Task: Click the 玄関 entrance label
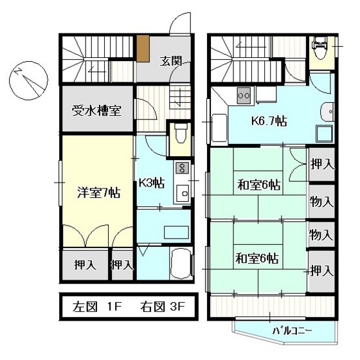coord(171,61)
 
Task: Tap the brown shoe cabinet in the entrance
coord(143,48)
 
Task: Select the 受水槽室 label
coord(96,111)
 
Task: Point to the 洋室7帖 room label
coord(98,192)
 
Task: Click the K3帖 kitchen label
coord(152,183)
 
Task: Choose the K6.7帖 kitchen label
coord(269,121)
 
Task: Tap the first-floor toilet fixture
coord(181,136)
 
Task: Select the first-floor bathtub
coord(181,264)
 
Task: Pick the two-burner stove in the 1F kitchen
coord(183,167)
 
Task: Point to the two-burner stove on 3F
coord(244,96)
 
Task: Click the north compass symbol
coord(29,80)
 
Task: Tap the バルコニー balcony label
coord(292,331)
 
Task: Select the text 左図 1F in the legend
coord(96,307)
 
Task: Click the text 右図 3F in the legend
coord(163,307)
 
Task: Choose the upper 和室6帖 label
coord(258,185)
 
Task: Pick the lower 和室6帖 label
coord(257,258)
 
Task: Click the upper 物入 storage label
coord(321,202)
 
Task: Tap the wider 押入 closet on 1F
coord(85,265)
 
